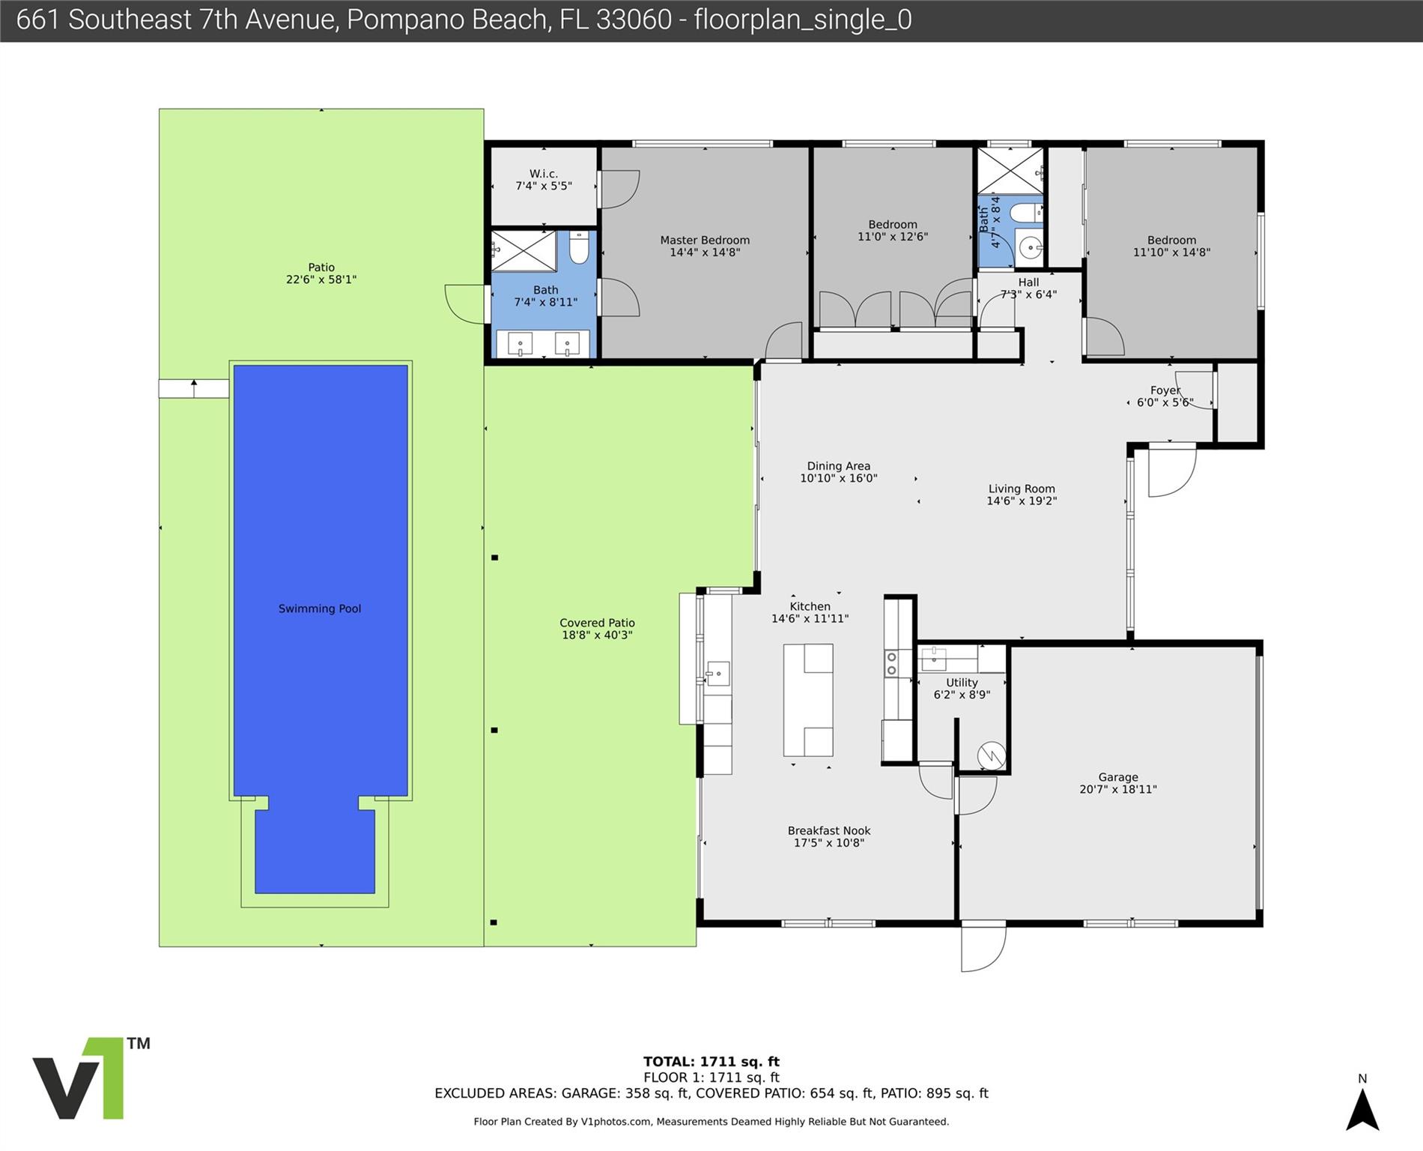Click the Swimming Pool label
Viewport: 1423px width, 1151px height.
320,608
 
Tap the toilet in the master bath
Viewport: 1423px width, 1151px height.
579,247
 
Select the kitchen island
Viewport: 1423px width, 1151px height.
808,700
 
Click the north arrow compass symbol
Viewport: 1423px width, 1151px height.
1362,1109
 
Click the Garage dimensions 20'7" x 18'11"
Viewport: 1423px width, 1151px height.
1118,789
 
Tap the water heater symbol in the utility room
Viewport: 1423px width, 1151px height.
991,755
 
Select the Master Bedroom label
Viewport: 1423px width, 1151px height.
705,240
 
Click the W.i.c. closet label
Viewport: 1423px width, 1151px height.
544,174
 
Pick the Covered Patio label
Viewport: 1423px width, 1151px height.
597,623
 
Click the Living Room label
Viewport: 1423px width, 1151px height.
1022,489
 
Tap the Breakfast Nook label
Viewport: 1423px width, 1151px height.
829,830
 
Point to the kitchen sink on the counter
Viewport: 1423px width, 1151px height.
718,673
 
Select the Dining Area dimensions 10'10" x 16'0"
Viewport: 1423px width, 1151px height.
839,478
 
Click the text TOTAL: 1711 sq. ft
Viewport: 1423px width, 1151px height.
711,1061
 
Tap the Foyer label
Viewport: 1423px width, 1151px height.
1165,390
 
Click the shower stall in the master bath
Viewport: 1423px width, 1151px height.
524,251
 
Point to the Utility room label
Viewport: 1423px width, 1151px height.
962,683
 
